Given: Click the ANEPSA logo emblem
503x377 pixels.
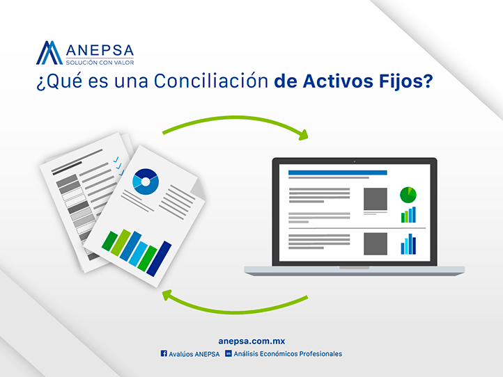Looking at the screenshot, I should tap(49, 53).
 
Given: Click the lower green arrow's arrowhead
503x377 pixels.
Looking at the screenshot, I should tap(168, 296).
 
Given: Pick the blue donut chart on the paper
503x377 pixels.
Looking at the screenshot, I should tap(146, 182).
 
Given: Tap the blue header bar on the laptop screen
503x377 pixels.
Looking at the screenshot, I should tap(337, 173).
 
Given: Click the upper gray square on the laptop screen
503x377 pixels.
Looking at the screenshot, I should tap(376, 199).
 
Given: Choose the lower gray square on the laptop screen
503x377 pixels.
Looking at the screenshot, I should tap(376, 243).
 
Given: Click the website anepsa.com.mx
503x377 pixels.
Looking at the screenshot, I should tap(251, 341).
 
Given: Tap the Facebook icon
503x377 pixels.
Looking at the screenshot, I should tap(164, 354).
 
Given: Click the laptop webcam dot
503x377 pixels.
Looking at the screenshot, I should tap(354, 161).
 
